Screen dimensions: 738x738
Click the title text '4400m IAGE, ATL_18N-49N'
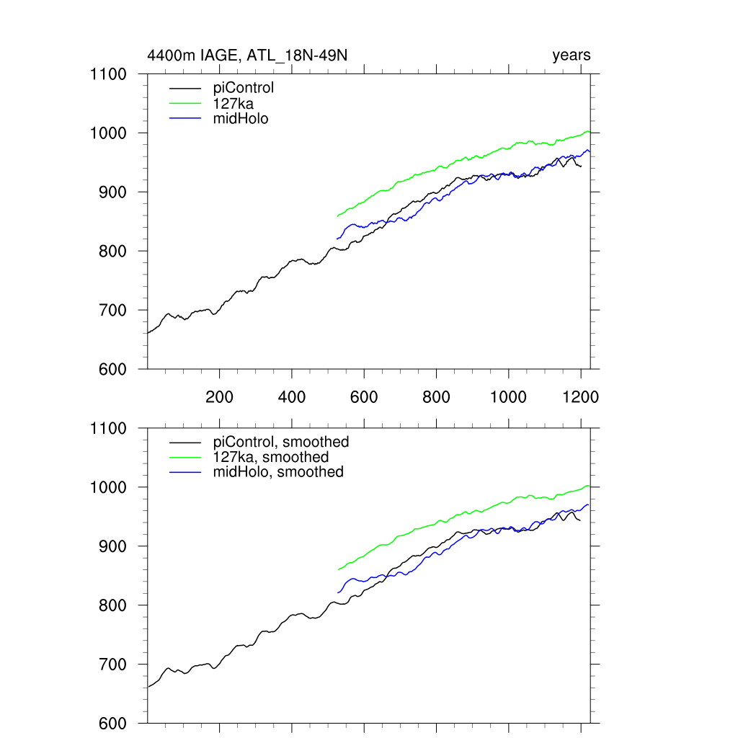coord(249,55)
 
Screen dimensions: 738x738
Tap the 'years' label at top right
coord(572,55)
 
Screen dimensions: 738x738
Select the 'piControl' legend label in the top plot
coord(244,89)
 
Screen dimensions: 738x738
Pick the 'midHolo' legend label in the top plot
coord(241,118)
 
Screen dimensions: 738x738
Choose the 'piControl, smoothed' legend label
coord(281,442)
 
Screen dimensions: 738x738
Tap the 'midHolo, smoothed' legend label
coord(278,472)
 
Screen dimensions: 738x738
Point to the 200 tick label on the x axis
coord(219,397)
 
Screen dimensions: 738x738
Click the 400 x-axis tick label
coord(292,397)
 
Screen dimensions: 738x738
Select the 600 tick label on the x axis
coord(364,397)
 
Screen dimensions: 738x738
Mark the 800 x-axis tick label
coord(437,397)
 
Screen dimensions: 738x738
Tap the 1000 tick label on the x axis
coord(509,397)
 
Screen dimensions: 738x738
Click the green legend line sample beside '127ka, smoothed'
coord(185,458)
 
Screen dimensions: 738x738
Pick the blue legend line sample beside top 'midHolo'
coord(185,118)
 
